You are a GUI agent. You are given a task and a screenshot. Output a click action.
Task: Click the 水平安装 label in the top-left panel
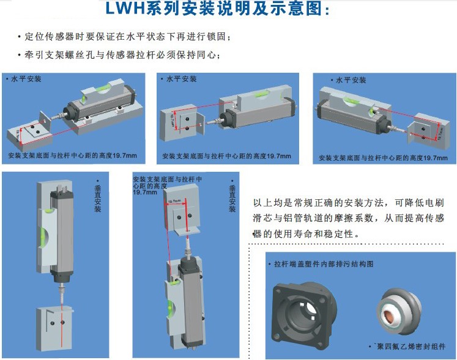(x=27, y=79)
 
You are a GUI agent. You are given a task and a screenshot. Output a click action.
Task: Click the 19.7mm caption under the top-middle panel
(x=227, y=156)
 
